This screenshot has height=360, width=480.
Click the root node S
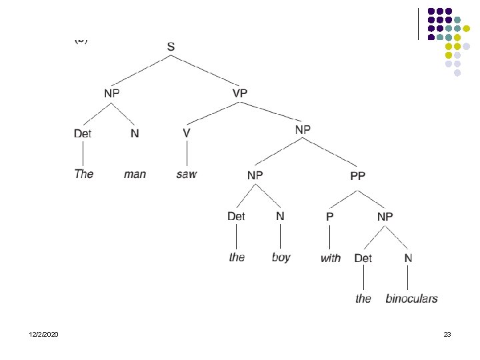pyautogui.click(x=171, y=47)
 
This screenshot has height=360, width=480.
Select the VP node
pyautogui.click(x=239, y=93)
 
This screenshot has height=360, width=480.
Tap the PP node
pyautogui.click(x=358, y=176)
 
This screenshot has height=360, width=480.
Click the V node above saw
pyautogui.click(x=187, y=133)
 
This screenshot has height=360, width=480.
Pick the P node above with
pyautogui.click(x=329, y=217)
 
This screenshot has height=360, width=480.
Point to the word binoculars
pyautogui.click(x=411, y=298)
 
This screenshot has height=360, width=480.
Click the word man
pyautogui.click(x=135, y=174)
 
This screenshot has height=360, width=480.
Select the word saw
pyautogui.click(x=187, y=174)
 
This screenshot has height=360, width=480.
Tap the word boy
pyautogui.click(x=281, y=257)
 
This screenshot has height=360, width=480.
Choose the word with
pyautogui.click(x=330, y=258)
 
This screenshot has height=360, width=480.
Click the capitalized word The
pyautogui.click(x=84, y=174)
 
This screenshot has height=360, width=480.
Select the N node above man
pyautogui.click(x=135, y=133)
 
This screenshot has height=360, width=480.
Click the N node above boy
pyautogui.click(x=280, y=216)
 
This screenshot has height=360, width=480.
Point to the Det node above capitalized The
pyautogui.click(x=83, y=133)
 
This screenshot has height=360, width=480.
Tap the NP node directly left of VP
pyautogui.click(x=111, y=93)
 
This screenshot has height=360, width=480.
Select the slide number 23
pyautogui.click(x=447, y=333)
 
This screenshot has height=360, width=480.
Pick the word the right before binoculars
pyautogui.click(x=363, y=298)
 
